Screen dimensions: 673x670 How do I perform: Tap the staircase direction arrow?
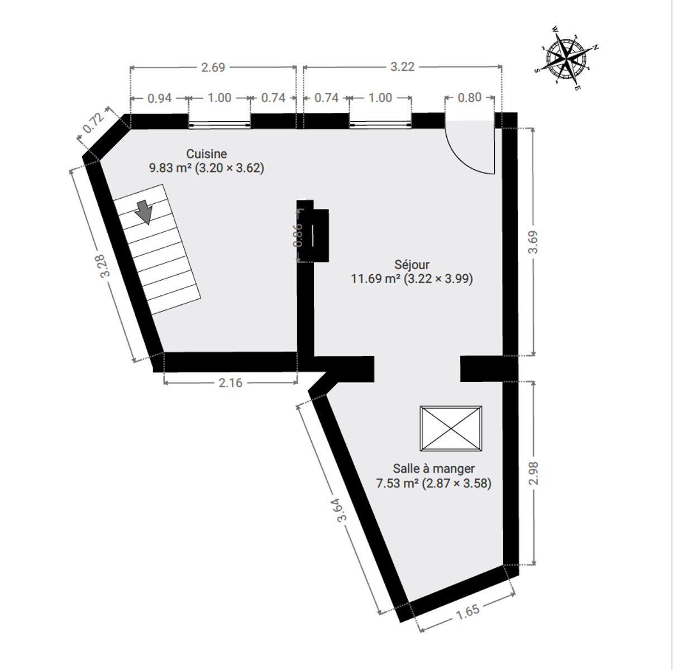(x=144, y=212)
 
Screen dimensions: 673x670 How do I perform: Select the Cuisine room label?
(x=207, y=154)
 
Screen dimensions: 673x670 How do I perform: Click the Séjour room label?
(x=412, y=265)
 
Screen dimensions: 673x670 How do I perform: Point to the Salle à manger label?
(x=434, y=468)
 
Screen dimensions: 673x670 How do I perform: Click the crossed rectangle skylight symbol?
(x=451, y=428)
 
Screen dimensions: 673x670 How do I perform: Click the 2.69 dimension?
(x=213, y=67)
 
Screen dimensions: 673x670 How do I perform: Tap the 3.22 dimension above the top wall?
(x=402, y=66)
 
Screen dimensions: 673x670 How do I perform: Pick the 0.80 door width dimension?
(x=470, y=97)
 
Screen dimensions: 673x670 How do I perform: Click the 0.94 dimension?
(x=160, y=98)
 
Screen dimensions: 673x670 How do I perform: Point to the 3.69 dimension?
(x=533, y=242)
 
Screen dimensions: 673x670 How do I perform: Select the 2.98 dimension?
(x=533, y=473)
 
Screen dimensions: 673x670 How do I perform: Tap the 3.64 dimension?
(x=342, y=510)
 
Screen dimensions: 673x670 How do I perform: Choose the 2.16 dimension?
(x=231, y=383)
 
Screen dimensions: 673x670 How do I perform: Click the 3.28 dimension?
(x=104, y=266)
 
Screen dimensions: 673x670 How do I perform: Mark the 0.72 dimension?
(x=93, y=123)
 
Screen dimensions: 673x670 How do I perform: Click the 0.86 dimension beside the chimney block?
(x=298, y=235)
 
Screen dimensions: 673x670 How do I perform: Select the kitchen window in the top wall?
(x=219, y=124)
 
